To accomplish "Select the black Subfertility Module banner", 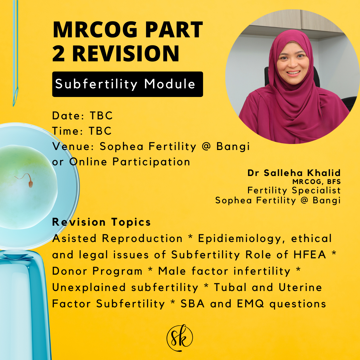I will pos(127,84).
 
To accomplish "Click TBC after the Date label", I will pos(101,116).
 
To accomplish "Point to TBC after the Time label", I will pos(100,131).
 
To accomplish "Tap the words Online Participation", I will pos(130,162).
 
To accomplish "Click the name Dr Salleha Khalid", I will pos(294,173).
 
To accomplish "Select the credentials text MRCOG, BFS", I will pos(316,182).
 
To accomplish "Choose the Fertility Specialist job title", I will pos(294,190).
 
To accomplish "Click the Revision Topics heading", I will pos(101,222).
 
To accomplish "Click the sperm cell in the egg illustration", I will pos(30,183).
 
